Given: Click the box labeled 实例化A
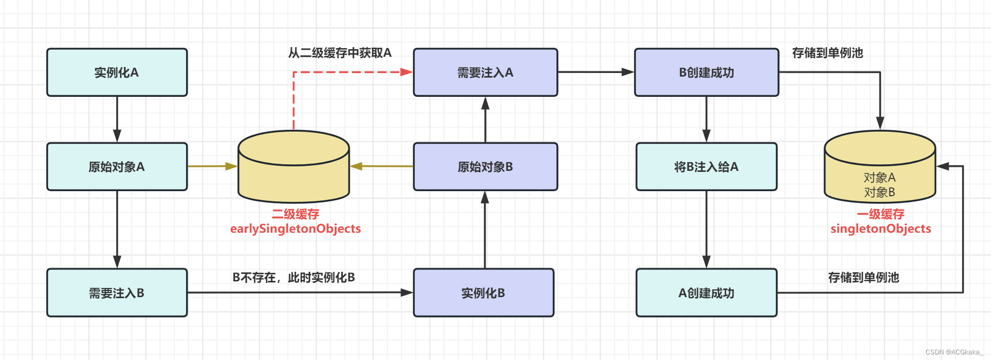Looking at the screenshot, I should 117,73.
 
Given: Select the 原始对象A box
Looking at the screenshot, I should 117,167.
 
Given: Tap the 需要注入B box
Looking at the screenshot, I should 117,293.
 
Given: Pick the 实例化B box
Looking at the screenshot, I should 483,293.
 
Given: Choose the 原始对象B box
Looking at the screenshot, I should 485,167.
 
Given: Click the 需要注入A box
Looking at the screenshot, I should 485,73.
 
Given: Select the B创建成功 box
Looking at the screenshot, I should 706,73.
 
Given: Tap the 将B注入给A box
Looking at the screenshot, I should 706,167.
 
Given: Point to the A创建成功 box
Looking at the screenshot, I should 706,293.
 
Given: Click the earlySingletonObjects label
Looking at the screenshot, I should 296,229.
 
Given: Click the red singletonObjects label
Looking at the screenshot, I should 880,229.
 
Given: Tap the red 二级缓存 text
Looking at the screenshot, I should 296,214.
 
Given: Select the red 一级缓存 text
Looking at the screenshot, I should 880,214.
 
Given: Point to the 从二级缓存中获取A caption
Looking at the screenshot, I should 340,53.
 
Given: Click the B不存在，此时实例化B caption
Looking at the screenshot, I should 294,277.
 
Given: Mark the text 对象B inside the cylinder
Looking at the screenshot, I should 879,193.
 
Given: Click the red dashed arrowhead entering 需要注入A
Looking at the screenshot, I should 407,72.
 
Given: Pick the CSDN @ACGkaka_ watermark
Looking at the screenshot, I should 953,352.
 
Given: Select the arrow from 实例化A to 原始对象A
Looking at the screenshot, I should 117,119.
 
